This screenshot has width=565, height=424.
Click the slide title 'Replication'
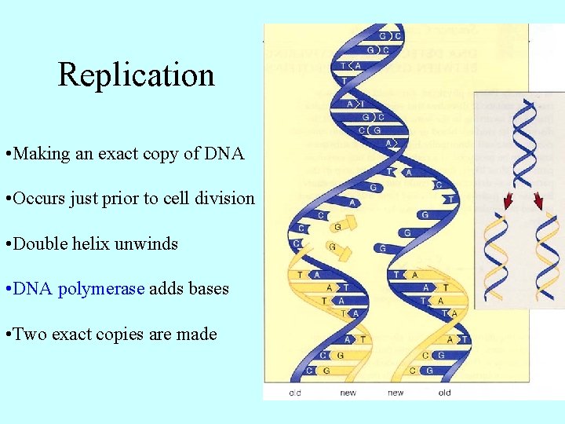pyautogui.click(x=136, y=75)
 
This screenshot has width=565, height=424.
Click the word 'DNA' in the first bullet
pyautogui.click(x=225, y=154)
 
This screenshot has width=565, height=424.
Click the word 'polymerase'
pyautogui.click(x=101, y=289)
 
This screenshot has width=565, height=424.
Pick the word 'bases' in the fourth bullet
pyautogui.click(x=209, y=289)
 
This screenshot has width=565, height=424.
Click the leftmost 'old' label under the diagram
pyautogui.click(x=295, y=393)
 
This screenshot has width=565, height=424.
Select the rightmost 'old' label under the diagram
pyautogui.click(x=444, y=393)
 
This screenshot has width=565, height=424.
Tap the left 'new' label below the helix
pyautogui.click(x=348, y=393)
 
